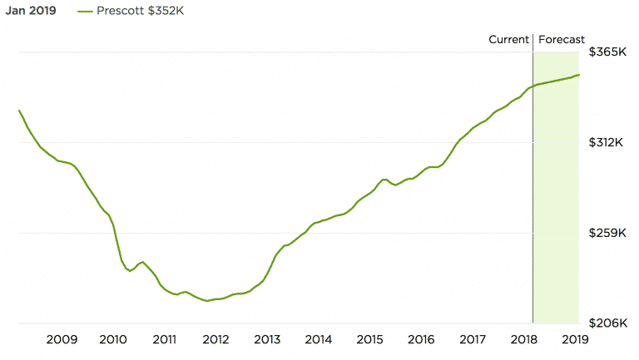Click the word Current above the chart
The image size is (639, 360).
pyautogui.click(x=508, y=39)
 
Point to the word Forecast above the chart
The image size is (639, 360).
pyautogui.click(x=562, y=39)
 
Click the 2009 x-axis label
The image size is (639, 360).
pyautogui.click(x=62, y=339)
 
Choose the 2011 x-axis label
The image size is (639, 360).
pyautogui.click(x=164, y=339)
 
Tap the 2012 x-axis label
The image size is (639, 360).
pyautogui.click(x=215, y=339)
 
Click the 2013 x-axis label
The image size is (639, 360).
pyautogui.click(x=267, y=339)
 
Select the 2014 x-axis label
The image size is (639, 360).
pyautogui.click(x=319, y=339)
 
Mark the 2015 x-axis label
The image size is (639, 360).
pyautogui.click(x=369, y=339)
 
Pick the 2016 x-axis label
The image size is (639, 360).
pyautogui.click(x=421, y=339)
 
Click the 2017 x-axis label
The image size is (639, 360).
pyautogui.click(x=473, y=339)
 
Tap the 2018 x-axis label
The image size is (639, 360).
pyautogui.click(x=523, y=339)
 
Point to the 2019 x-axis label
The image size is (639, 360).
pyautogui.click(x=575, y=339)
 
